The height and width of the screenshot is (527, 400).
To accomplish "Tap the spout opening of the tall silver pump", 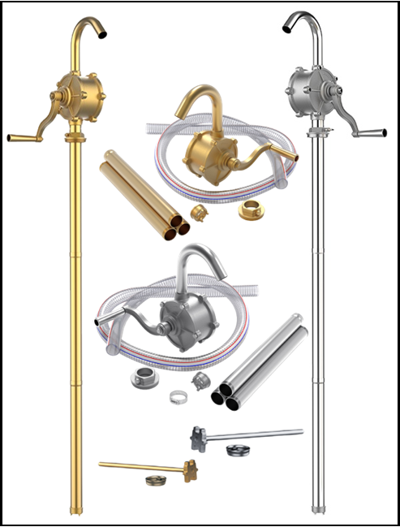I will pos(287,30).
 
